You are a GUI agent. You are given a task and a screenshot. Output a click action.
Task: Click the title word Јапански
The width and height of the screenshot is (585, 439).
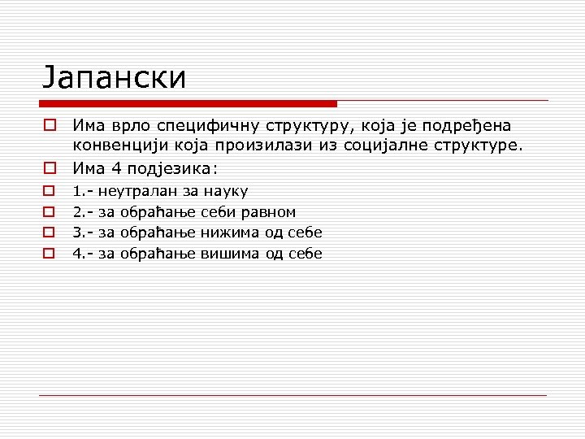pyautogui.click(x=115, y=77)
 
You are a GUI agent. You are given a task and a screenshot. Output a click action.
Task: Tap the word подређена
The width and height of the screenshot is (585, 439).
pyautogui.click(x=472, y=127)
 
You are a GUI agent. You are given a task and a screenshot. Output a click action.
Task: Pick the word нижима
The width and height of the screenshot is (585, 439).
pyautogui.click(x=230, y=233)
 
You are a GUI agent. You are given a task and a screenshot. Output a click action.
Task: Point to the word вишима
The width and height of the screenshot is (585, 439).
pyautogui.click(x=230, y=254)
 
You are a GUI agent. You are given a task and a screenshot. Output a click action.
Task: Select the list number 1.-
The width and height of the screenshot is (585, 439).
pyautogui.click(x=82, y=192)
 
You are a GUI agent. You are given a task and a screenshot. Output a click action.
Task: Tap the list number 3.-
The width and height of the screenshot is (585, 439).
pyautogui.click(x=82, y=233)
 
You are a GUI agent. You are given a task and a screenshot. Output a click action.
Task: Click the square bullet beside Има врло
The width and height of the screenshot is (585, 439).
pyautogui.click(x=50, y=126)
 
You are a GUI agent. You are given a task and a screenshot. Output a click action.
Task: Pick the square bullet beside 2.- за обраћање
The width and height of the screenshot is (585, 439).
pyautogui.click(x=50, y=212)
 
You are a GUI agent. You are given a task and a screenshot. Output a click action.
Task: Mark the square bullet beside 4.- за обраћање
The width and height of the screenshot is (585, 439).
pyautogui.click(x=50, y=254)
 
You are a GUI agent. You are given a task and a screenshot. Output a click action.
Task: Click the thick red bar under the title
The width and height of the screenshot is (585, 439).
pyautogui.click(x=188, y=103)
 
